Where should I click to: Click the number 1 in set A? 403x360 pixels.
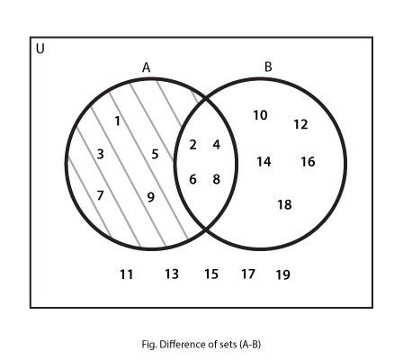pyautogui.click(x=118, y=121)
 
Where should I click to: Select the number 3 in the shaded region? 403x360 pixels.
pyautogui.click(x=101, y=154)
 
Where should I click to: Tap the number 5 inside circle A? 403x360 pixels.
pyautogui.click(x=155, y=154)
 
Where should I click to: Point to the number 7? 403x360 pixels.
pyautogui.click(x=100, y=195)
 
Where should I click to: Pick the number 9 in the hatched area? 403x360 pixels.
pyautogui.click(x=151, y=197)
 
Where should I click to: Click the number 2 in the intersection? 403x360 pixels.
pyautogui.click(x=193, y=145)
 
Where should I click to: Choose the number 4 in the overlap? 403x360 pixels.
pyautogui.click(x=217, y=145)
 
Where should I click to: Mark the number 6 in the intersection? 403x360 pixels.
pyautogui.click(x=193, y=179)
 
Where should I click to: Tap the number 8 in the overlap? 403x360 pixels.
pyautogui.click(x=217, y=179)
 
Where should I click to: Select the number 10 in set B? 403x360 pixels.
pyautogui.click(x=260, y=115)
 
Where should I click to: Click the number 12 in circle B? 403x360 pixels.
pyautogui.click(x=300, y=124)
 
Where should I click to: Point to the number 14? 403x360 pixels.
pyautogui.click(x=264, y=162)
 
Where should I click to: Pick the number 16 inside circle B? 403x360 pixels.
pyautogui.click(x=308, y=162)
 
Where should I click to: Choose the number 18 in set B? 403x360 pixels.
pyautogui.click(x=284, y=204)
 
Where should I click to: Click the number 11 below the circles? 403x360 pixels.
pyautogui.click(x=127, y=274)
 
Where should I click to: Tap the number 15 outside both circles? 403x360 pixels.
pyautogui.click(x=211, y=274)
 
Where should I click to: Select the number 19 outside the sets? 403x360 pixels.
pyautogui.click(x=283, y=274)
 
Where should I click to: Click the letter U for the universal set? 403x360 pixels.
pyautogui.click(x=40, y=49)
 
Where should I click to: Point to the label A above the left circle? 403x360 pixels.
pyautogui.click(x=146, y=67)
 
